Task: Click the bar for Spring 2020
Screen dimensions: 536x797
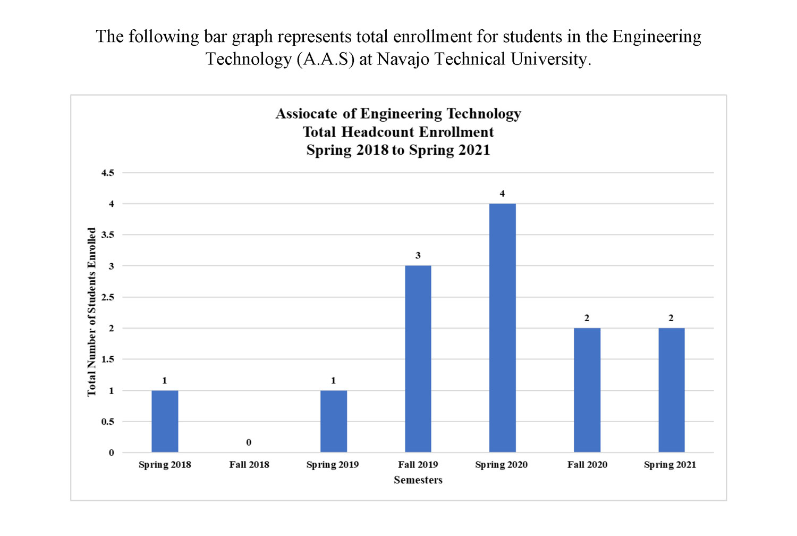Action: [502, 328]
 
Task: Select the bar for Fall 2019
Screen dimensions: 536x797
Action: [418, 359]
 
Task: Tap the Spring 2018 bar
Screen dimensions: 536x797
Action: [165, 421]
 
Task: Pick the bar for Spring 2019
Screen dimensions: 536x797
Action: [334, 421]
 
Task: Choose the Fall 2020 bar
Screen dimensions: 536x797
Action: [587, 390]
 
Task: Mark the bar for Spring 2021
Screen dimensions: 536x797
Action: [671, 390]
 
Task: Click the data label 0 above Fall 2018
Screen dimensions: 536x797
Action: [249, 442]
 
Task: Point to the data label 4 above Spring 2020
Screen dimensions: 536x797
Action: [502, 194]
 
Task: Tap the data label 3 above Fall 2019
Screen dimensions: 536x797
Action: [418, 256]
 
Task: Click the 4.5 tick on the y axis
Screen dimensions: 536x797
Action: [108, 173]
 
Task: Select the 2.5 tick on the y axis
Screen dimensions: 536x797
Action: [108, 297]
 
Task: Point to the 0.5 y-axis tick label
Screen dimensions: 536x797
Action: [108, 422]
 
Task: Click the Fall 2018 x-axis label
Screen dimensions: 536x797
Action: [249, 465]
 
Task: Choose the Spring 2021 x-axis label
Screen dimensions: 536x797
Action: [670, 465]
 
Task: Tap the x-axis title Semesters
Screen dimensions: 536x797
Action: [418, 480]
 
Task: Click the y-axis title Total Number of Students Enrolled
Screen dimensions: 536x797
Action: [92, 312]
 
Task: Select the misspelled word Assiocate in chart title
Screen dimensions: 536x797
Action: [306, 114]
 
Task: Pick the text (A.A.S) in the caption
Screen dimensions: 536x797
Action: [325, 59]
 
